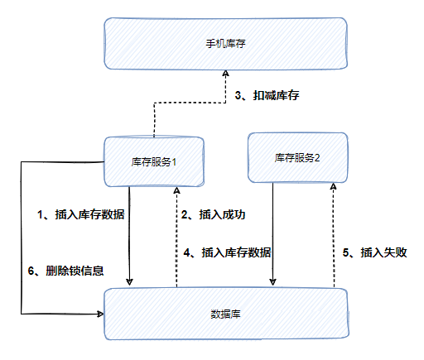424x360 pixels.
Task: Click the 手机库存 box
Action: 225,44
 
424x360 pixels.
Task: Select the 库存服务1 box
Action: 154,161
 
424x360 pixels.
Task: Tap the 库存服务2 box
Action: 297,158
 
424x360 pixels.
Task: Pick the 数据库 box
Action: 226,314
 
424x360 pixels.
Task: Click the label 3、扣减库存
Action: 267,95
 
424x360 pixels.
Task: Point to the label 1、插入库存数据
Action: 81,214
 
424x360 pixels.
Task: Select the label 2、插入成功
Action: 213,214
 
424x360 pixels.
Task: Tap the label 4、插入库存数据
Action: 227,252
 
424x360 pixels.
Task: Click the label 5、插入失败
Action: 374,252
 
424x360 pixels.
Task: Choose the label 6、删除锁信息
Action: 65,271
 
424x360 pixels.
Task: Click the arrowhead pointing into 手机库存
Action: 226,73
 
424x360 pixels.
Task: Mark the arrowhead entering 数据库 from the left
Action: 100,314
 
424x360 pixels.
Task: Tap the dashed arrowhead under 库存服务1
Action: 176,190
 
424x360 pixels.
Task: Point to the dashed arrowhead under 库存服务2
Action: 334,186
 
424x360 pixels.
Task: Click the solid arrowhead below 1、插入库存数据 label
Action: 129,282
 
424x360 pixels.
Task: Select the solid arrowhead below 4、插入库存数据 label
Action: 272,281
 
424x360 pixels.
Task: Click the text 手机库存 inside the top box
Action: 225,44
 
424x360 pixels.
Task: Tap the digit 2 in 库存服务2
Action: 317,158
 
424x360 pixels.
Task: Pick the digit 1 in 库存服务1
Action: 174,162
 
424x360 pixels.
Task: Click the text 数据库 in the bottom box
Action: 225,314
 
